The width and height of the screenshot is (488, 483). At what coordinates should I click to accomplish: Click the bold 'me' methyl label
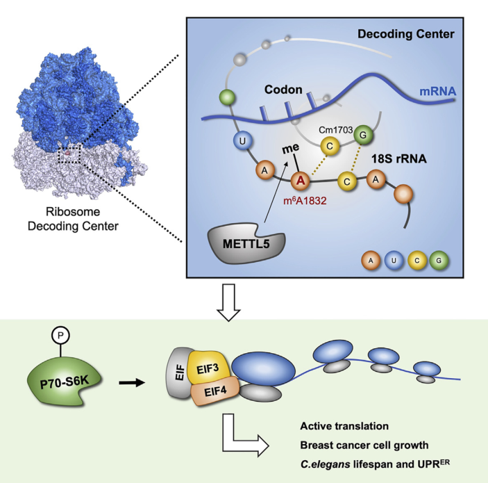(x=286, y=148)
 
